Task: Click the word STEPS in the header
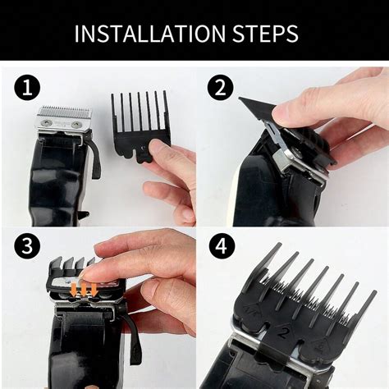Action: (265, 34)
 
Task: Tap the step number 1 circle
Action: (27, 89)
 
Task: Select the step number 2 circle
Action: (220, 88)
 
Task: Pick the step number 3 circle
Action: (27, 245)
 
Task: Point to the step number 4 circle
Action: (222, 246)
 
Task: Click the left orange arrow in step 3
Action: (74, 290)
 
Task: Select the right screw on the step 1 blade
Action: (76, 125)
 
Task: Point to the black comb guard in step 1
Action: (140, 126)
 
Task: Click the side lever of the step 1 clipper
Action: (94, 154)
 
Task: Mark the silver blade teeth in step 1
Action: (65, 111)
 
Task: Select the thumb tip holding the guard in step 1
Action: (155, 148)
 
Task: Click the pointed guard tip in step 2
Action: (240, 99)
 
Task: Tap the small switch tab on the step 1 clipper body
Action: (84, 215)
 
